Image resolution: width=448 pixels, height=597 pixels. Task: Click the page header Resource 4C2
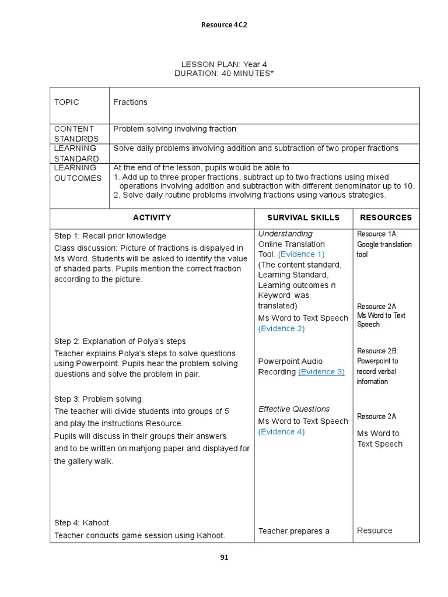click(224, 24)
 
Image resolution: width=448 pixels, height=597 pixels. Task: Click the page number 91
click(224, 557)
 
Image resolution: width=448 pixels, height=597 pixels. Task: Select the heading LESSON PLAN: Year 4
click(224, 64)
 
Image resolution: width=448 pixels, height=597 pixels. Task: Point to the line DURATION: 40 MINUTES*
click(224, 73)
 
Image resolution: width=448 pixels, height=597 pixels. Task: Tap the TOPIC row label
click(66, 102)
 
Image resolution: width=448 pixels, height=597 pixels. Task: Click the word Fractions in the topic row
click(130, 102)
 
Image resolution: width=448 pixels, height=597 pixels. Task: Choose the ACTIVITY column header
click(152, 217)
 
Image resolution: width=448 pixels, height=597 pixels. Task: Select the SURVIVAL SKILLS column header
click(303, 217)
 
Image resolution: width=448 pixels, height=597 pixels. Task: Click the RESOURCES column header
click(386, 217)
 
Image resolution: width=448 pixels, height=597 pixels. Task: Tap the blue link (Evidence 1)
click(301, 254)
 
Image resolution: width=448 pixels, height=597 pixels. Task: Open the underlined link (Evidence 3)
click(321, 371)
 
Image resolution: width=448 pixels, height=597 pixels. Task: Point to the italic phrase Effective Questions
click(294, 409)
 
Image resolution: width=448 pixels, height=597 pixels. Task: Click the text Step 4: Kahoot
click(82, 522)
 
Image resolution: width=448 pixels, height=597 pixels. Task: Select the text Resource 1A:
click(377, 234)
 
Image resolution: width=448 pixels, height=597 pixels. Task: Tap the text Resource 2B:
click(377, 351)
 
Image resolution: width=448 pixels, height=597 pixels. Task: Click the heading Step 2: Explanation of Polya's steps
click(120, 341)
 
